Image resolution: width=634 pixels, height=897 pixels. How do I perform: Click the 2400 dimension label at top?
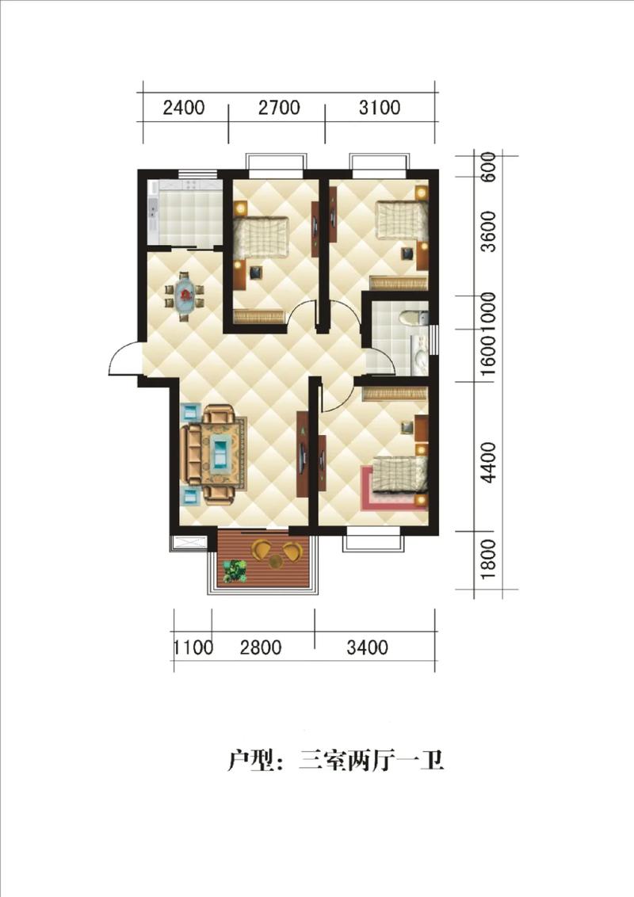pyautogui.click(x=184, y=108)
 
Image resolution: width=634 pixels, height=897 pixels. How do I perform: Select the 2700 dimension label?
pyautogui.click(x=279, y=108)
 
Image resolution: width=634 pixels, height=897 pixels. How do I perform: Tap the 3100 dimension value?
pyautogui.click(x=380, y=108)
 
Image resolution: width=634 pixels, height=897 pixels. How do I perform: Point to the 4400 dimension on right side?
pyautogui.click(x=488, y=462)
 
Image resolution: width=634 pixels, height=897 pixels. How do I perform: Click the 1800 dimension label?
pyautogui.click(x=488, y=559)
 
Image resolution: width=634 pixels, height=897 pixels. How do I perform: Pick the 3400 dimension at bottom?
pyautogui.click(x=368, y=647)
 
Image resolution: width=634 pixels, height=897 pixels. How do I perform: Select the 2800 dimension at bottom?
pyautogui.click(x=261, y=647)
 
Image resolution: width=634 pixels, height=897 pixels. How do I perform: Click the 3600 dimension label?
pyautogui.click(x=488, y=231)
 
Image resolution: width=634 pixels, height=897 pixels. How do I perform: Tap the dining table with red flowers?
pyautogui.click(x=185, y=296)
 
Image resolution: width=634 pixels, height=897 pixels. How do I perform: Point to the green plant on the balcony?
pyautogui.click(x=235, y=571)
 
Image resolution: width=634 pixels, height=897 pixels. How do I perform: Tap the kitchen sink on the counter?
pyautogui.click(x=153, y=209)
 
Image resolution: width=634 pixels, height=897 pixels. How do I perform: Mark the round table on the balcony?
pyautogui.click(x=277, y=561)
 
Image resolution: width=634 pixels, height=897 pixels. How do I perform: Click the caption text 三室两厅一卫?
pyautogui.click(x=372, y=761)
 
